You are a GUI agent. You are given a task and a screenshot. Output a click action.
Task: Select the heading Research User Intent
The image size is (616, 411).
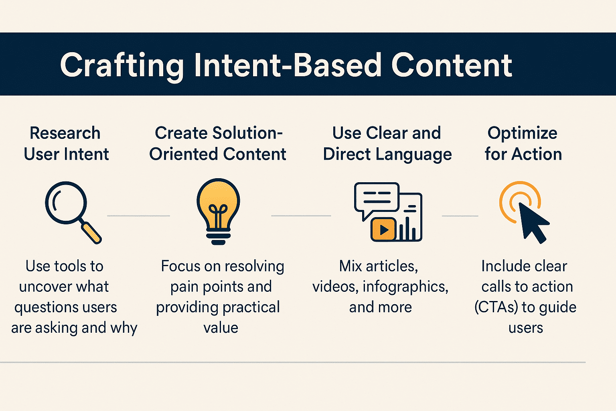coord(66,144)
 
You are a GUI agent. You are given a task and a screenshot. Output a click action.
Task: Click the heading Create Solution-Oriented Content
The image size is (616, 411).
coord(218,144)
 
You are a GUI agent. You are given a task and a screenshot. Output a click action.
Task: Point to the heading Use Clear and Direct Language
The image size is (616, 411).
coord(387,144)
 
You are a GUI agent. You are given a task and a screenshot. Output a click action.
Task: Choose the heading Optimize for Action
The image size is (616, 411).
coord(523,144)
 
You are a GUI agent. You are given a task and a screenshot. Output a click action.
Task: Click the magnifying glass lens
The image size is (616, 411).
coord(66,202)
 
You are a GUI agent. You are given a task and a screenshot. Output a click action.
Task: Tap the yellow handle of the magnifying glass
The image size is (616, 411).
coord(92,233)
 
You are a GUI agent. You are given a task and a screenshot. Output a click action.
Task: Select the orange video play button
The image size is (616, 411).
coord(383,230)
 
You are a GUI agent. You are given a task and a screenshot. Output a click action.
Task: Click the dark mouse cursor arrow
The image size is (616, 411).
coord(533,221)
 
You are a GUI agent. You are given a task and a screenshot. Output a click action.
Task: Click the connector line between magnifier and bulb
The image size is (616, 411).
coord(138,216)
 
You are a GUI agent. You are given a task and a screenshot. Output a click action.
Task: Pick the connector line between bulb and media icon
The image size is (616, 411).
coord(301,216)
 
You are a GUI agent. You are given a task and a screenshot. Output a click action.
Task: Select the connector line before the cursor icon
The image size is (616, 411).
coord(460,216)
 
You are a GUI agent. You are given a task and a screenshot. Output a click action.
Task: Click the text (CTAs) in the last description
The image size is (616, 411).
coord(496,307)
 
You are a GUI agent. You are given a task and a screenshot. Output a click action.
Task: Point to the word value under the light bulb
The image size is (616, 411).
coord(221,328)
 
